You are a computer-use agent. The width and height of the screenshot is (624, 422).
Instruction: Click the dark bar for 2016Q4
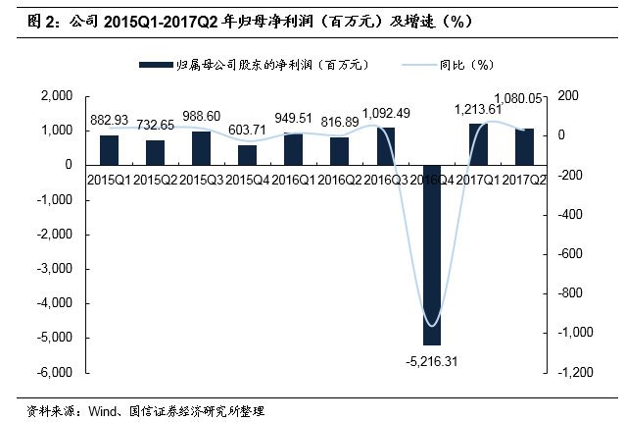[432, 255]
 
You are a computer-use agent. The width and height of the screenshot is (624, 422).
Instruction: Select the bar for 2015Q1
[109, 149]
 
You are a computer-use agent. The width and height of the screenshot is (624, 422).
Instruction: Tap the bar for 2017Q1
[478, 143]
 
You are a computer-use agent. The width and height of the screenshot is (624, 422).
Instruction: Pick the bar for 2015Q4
[247, 154]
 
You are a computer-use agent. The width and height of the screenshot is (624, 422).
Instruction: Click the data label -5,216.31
[431, 361]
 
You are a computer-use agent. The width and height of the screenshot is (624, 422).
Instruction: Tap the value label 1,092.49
[386, 113]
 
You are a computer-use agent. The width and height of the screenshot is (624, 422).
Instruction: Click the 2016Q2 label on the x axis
[339, 179]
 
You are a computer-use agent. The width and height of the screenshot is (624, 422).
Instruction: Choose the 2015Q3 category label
[201, 179]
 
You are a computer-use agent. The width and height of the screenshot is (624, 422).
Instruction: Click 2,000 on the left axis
[61, 96]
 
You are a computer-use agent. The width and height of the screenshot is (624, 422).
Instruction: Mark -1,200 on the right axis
[575, 372]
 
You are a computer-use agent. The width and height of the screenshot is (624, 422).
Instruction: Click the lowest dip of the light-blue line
[430, 326]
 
